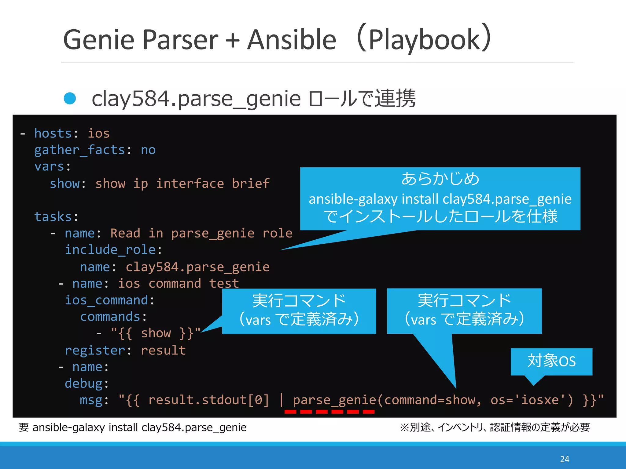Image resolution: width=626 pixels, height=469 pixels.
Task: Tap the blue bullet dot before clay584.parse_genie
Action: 70,98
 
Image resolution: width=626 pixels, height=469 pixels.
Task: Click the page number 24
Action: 565,459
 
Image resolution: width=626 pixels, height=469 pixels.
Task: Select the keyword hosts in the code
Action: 53,133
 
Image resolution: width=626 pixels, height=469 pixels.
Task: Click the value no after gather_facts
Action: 148,150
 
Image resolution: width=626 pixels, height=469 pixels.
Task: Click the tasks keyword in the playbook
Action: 53,217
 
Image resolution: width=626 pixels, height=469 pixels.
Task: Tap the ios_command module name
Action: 106,300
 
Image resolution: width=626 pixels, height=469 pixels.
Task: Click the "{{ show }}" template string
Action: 156,333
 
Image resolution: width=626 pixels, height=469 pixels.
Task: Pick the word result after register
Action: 163,350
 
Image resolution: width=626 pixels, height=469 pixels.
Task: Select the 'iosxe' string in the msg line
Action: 540,400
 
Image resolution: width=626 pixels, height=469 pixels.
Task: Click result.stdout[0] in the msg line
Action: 208,400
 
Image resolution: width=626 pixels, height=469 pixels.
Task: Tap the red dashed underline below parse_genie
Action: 329,412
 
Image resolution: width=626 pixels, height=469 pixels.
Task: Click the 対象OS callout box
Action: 551,361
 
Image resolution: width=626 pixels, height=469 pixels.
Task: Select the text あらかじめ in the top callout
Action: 440,179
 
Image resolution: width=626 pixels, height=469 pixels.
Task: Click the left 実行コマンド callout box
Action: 299,311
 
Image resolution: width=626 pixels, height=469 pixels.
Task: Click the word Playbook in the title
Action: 425,40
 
